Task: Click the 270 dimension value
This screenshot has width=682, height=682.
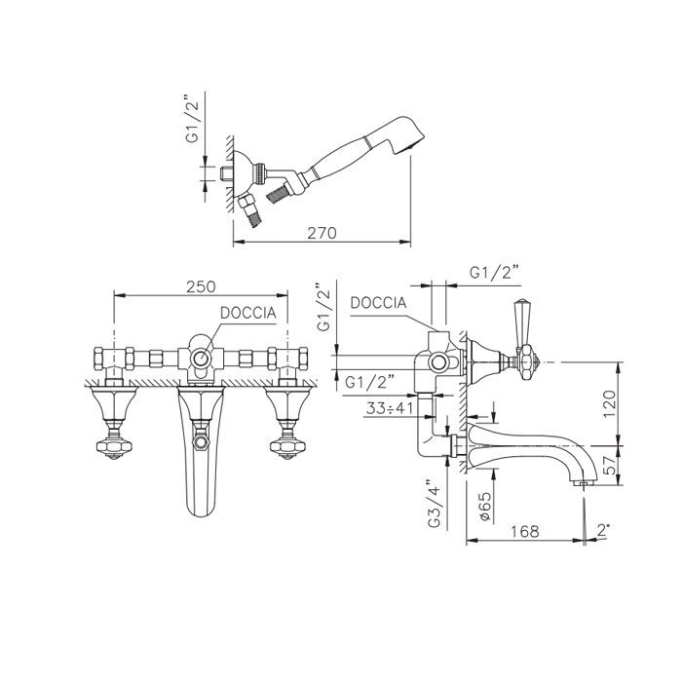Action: click(322, 233)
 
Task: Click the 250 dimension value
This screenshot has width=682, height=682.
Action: click(201, 286)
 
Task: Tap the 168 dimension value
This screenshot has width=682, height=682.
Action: click(524, 531)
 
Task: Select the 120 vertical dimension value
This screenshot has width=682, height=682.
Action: click(609, 404)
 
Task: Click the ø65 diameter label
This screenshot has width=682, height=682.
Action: click(485, 506)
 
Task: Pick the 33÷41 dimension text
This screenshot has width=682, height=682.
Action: click(390, 408)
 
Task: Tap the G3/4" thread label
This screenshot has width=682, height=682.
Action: click(435, 504)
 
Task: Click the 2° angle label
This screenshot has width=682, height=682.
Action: click(603, 530)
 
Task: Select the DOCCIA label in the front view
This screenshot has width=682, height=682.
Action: click(247, 313)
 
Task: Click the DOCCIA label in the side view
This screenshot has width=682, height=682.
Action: click(378, 303)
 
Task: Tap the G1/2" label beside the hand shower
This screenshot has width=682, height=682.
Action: click(192, 118)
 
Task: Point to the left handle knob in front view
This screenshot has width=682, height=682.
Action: click(114, 446)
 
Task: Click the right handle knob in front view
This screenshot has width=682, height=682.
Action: click(287, 446)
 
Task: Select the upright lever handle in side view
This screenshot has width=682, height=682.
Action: click(520, 322)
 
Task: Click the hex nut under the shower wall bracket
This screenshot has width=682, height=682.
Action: click(246, 202)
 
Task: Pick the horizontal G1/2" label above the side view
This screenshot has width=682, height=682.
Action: click(495, 273)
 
